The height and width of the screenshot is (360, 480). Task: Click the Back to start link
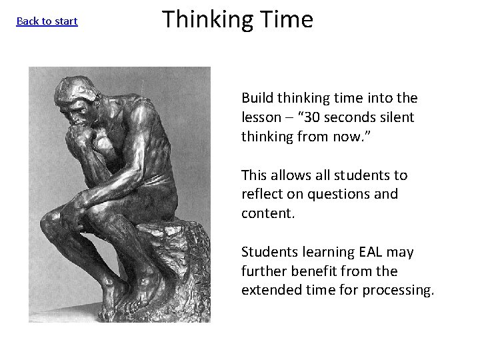tap(47, 21)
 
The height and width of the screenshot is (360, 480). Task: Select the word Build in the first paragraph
tap(256, 98)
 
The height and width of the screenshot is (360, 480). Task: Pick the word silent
tap(398, 117)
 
